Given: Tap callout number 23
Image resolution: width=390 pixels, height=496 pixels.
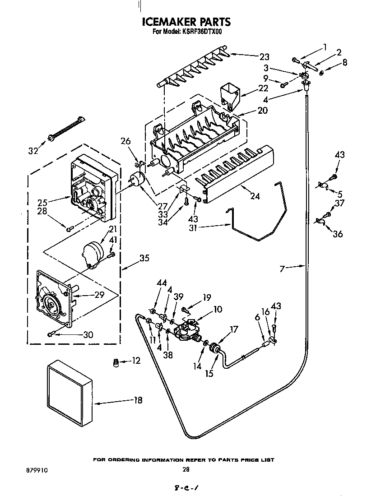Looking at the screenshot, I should click(x=264, y=56).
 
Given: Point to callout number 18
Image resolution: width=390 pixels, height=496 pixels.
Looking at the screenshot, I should click(x=138, y=400).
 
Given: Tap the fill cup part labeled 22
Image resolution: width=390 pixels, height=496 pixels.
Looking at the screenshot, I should click(x=229, y=96).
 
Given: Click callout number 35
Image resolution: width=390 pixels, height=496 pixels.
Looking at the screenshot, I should click(x=144, y=258).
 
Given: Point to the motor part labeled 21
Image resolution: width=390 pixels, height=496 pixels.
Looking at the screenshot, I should click(x=93, y=254).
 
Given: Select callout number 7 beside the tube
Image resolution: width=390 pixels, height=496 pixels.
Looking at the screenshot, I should click(x=282, y=269).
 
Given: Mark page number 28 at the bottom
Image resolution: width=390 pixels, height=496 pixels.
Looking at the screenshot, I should click(x=186, y=470).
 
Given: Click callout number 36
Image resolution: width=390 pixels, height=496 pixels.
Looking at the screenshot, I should click(x=337, y=234).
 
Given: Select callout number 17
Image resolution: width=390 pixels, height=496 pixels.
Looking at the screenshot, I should click(x=234, y=330).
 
